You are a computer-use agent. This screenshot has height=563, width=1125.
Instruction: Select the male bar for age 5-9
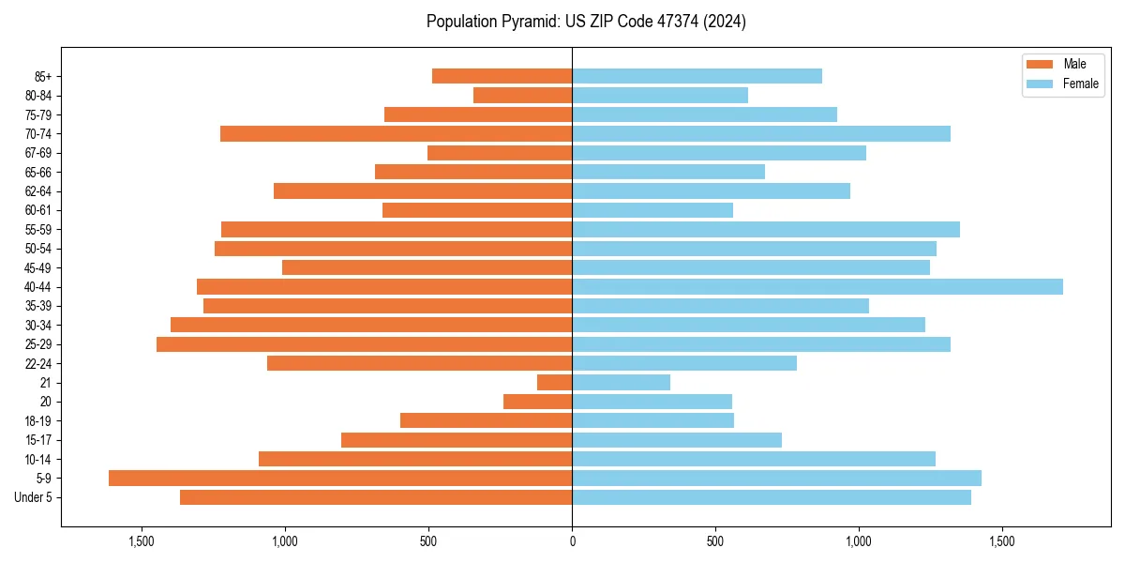(x=340, y=478)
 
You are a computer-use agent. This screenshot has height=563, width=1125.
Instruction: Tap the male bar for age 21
(x=554, y=382)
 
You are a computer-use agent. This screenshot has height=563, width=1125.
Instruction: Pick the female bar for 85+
(x=697, y=76)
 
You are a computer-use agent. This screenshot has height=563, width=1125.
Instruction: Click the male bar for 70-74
(x=396, y=133)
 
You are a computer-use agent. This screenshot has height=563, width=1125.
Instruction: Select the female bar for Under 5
(x=772, y=497)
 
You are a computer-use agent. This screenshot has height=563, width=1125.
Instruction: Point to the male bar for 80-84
(x=522, y=95)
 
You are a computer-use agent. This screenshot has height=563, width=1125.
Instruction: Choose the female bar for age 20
(x=652, y=402)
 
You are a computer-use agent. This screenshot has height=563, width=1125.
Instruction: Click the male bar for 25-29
(x=364, y=344)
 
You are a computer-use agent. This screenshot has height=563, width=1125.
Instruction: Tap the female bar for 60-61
(x=652, y=210)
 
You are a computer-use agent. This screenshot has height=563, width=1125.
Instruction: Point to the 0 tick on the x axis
(x=572, y=541)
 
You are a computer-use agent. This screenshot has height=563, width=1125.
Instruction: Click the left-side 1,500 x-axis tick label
(x=142, y=541)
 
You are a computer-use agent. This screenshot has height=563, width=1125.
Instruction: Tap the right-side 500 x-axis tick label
(x=715, y=541)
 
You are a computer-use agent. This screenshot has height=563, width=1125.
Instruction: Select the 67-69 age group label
(x=38, y=153)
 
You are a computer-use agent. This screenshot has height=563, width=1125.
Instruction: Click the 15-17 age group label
(x=38, y=440)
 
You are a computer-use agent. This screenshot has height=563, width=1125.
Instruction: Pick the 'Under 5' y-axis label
(x=34, y=497)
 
